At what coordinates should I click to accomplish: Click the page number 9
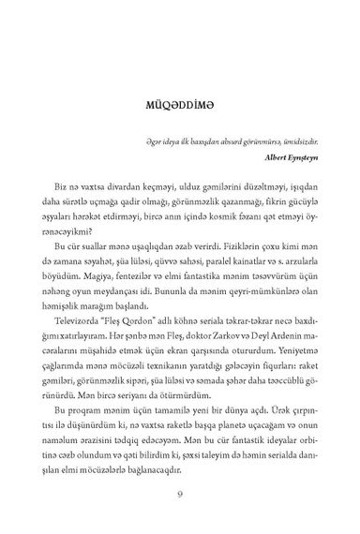(179, 494)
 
